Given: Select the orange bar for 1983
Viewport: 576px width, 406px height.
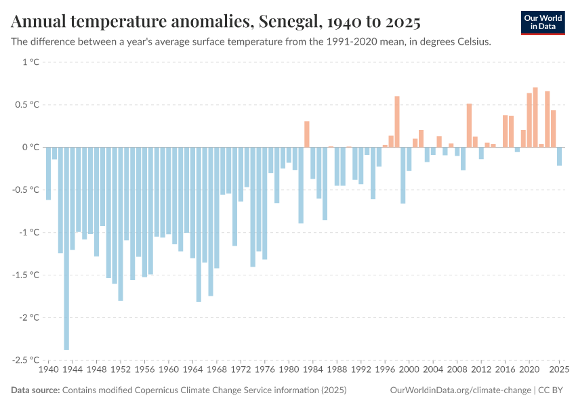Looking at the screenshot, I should [307, 134].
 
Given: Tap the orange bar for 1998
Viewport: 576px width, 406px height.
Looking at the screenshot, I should [397, 122].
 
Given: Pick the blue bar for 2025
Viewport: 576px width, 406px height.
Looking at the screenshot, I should [559, 156].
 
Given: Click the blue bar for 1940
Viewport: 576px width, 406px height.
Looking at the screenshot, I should [48, 173].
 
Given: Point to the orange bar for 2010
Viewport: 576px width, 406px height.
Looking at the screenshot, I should [469, 125].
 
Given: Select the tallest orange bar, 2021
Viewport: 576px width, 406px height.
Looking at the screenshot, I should [535, 117].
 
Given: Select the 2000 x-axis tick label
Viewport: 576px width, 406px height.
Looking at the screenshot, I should [409, 370].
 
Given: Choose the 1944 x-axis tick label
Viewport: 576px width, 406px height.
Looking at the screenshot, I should [73, 370].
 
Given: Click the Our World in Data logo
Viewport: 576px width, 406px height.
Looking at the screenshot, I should [542, 22].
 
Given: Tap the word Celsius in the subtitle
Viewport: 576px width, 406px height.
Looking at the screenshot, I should [470, 41].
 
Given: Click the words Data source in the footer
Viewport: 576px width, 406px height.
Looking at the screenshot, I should [35, 390].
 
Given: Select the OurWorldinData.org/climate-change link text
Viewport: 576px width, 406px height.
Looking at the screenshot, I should [461, 390].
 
